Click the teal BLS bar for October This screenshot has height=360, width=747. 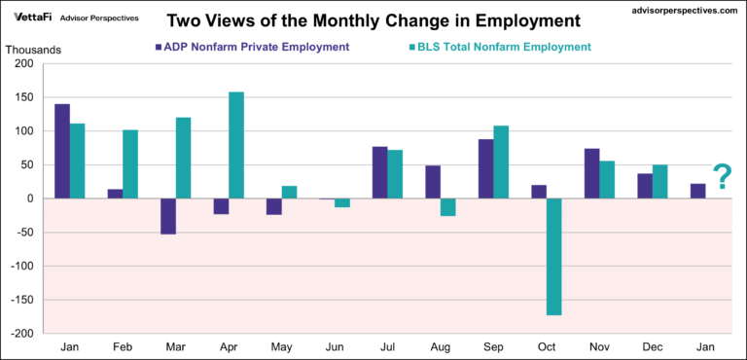coord(554,256)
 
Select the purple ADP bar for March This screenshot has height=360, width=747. coord(168,216)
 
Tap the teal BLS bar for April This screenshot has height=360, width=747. coord(236,145)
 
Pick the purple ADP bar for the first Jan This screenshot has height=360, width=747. coord(62,151)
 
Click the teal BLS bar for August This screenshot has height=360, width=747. coord(448,207)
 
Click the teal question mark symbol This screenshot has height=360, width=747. coord(722,177)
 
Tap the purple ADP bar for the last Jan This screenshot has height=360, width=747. coord(698,191)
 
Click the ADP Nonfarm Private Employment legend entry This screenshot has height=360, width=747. coord(259,47)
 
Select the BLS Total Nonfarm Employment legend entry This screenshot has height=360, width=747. coord(501,47)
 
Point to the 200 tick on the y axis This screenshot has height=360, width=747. coord(22,64)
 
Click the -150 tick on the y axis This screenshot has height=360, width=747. coord(19,300)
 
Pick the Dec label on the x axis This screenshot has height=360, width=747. coord(651,346)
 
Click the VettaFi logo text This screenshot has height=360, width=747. coord(32,18)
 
